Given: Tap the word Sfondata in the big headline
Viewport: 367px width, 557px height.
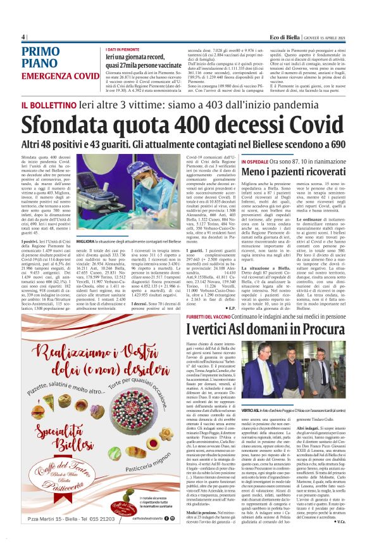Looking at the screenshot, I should point(68,124).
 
